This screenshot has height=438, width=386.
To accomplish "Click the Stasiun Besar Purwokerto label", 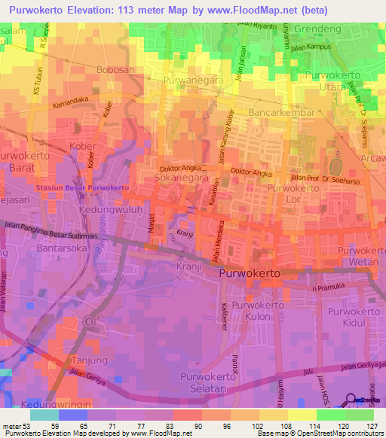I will coord(82,187).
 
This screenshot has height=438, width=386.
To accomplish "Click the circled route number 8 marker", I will coord(90,321).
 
